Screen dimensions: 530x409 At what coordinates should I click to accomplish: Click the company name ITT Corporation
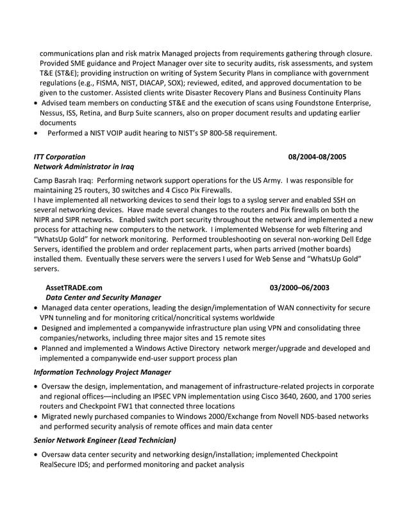pyautogui.click(x=59, y=157)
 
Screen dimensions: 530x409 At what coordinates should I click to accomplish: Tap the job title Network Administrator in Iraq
pyautogui.click(x=84, y=167)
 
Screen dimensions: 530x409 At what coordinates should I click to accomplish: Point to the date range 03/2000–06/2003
pyautogui.click(x=299, y=287)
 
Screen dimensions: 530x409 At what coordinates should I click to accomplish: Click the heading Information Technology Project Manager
pyautogui.click(x=102, y=372)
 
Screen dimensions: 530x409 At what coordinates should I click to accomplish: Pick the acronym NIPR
pyautogui.click(x=49, y=220)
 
